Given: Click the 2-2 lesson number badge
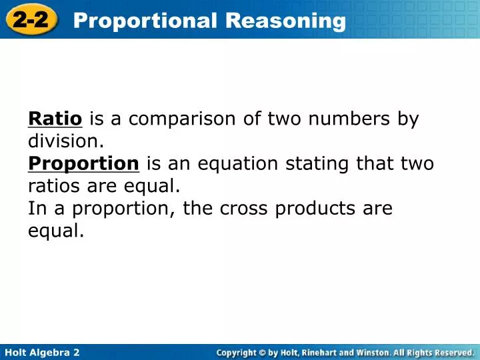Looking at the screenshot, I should (x=31, y=20).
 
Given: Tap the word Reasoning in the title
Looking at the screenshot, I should (x=286, y=21).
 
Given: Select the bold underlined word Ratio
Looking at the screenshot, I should (x=55, y=119).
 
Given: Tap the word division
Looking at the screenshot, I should (x=66, y=141).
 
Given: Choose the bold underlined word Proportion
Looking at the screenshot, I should (x=83, y=163).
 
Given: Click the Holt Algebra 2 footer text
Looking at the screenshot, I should (x=42, y=352).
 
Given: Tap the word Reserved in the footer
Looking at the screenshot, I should (x=452, y=352).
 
